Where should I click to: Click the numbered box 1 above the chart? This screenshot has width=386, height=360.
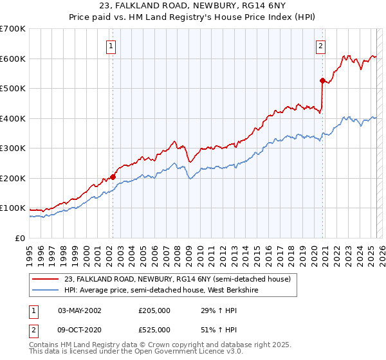(112, 46)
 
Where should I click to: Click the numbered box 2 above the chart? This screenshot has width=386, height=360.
(320, 46)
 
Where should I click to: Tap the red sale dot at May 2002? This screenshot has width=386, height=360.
(113, 176)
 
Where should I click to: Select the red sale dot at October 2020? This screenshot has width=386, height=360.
(322, 80)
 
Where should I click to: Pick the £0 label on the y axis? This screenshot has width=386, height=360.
(19, 239)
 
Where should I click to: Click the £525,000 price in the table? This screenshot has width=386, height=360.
(154, 330)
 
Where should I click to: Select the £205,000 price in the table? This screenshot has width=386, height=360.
(154, 310)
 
